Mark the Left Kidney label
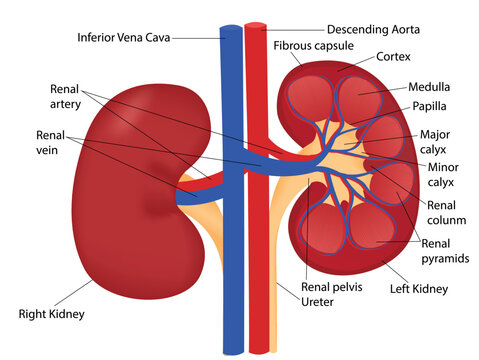coord(417,290)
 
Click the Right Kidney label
coord(52,314)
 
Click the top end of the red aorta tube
coord(257,26)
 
